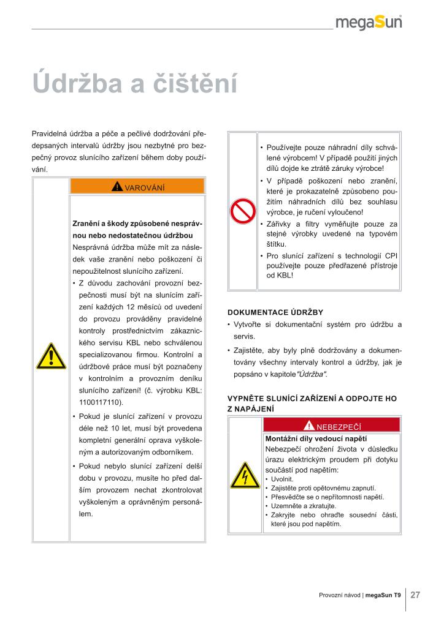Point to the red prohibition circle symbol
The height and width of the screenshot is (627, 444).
[x=242, y=211]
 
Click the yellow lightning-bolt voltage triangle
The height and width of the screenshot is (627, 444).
[x=245, y=476]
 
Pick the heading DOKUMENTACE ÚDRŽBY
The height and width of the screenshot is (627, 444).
[x=275, y=312]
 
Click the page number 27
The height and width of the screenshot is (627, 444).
[x=415, y=595]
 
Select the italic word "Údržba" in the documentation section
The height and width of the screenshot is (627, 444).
[x=312, y=374]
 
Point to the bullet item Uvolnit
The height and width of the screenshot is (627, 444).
[x=282, y=478]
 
